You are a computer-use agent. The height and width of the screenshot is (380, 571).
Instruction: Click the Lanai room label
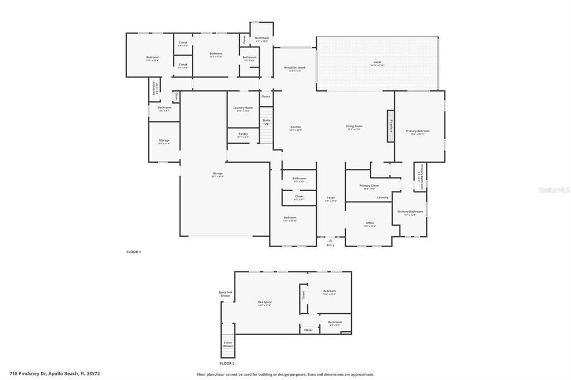pos(378,63)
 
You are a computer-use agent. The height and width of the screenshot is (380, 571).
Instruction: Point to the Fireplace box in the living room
pos(391,125)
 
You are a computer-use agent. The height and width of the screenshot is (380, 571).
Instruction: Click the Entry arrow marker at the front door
pos(330,240)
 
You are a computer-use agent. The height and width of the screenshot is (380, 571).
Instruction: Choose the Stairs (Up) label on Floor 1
pos(266,122)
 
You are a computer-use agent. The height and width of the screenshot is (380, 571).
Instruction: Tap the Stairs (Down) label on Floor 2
pos(228,344)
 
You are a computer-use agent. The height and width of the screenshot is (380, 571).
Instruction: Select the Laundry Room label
pos(243,109)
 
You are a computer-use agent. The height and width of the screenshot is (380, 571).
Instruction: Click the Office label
pos(370,224)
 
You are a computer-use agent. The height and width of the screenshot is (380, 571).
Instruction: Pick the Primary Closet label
pos(369,186)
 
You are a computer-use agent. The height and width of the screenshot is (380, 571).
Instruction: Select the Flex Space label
pos(264,303)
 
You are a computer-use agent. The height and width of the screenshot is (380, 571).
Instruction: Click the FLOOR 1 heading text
pos(133,252)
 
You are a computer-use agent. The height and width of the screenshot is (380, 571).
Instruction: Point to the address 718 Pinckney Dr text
pos(55,374)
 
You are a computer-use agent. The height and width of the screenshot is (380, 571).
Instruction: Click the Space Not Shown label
pos(226,294)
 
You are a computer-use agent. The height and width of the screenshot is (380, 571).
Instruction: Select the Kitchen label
pos(296,128)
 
